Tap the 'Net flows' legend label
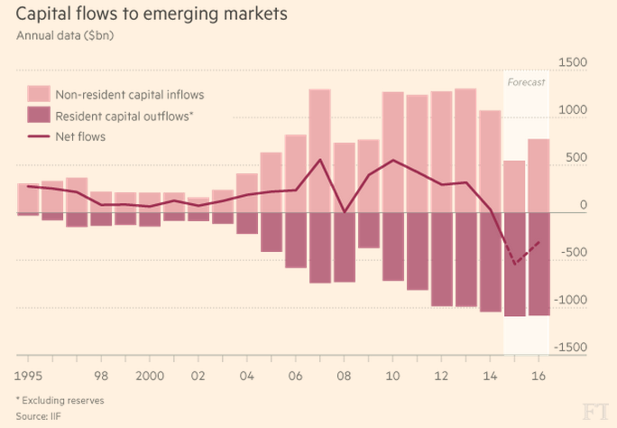tap(80, 136)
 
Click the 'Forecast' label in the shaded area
tap(526, 82)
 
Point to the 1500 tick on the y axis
tap(572, 62)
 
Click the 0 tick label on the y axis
tap(582, 205)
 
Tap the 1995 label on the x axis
tap(30, 374)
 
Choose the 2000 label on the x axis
tap(149, 374)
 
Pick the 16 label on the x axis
tap(539, 374)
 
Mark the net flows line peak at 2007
tap(320, 161)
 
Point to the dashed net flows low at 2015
tap(514, 264)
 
